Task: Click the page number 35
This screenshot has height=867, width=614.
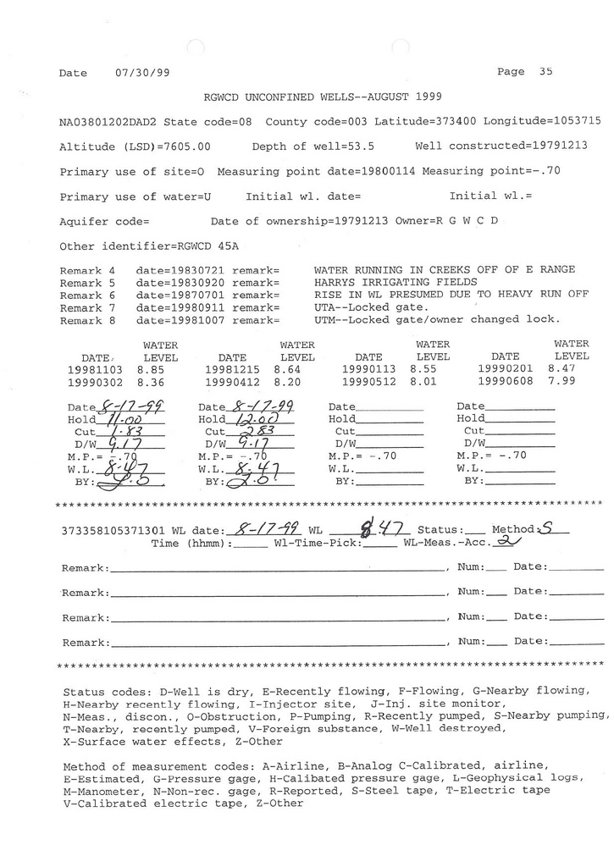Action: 545,72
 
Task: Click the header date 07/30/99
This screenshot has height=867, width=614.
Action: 135,74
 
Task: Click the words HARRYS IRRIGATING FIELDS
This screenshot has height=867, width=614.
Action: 396,282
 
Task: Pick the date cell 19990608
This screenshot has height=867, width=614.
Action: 506,383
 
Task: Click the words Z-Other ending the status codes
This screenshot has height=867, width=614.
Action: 258,742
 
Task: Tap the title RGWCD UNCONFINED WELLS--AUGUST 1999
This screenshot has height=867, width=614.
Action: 322,97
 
